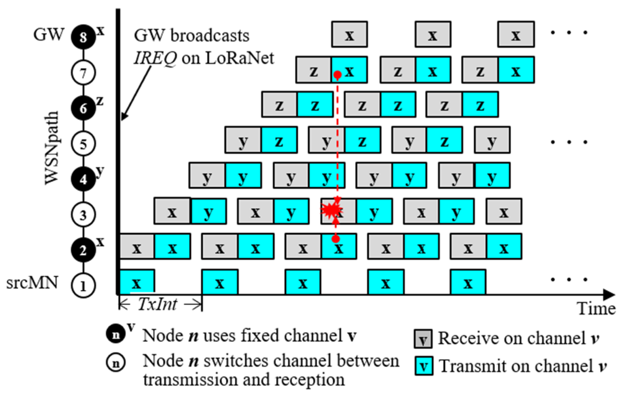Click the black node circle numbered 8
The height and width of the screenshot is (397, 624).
coord(83,37)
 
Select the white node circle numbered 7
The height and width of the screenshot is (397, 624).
coord(83,73)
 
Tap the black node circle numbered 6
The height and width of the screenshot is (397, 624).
coord(83,108)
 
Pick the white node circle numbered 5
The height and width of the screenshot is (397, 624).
coord(83,144)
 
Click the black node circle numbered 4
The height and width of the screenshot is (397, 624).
coord(83,179)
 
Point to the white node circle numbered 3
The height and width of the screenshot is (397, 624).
coord(83,215)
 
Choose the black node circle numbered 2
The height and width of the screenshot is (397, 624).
coord(83,250)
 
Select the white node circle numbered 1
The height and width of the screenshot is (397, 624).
coord(83,286)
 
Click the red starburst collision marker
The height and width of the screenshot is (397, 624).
coord(331,210)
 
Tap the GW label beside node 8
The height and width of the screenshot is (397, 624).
coord(49,34)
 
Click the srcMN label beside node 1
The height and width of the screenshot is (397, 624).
coord(32,283)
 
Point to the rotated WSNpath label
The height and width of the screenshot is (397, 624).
coord(52,148)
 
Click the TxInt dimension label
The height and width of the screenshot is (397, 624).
coord(158,304)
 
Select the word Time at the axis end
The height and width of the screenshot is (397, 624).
coord(596,308)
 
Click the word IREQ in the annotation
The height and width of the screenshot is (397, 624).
coord(155,59)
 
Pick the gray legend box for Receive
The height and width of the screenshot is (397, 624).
coord(423,339)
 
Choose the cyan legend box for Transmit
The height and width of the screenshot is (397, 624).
coord(424,366)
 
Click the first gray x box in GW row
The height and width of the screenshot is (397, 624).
coord(349,34)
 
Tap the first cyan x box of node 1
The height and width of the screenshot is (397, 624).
coord(137,282)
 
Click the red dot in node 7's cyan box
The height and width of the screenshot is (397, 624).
coord(338,75)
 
